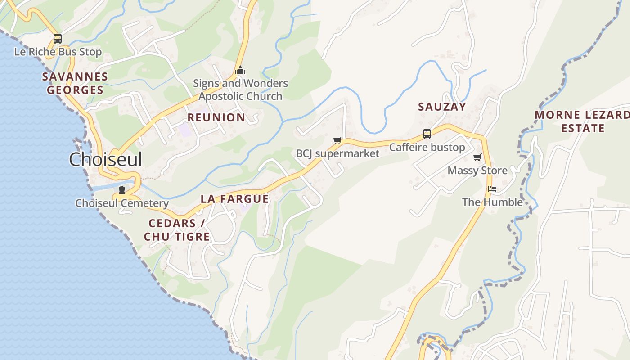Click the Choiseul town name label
[x=105, y=159]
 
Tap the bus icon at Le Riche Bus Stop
[x=58, y=39]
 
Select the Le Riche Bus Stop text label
[x=58, y=52]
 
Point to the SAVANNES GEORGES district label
[x=75, y=83]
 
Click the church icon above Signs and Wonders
[x=240, y=71]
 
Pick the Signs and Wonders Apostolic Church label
[x=240, y=90]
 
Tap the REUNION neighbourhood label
[x=216, y=118]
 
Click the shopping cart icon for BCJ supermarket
[x=337, y=141]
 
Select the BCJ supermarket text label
[x=337, y=153]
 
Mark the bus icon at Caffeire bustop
[x=427, y=134]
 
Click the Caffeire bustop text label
[x=427, y=147]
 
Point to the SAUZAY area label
[x=442, y=107]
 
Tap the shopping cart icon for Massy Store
[x=477, y=157]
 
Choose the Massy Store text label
[x=477, y=171]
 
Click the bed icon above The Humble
[x=492, y=189]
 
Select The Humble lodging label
[x=492, y=202]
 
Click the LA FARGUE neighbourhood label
[x=234, y=199]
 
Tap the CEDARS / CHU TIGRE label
[x=177, y=230]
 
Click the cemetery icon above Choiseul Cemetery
[x=121, y=190]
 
